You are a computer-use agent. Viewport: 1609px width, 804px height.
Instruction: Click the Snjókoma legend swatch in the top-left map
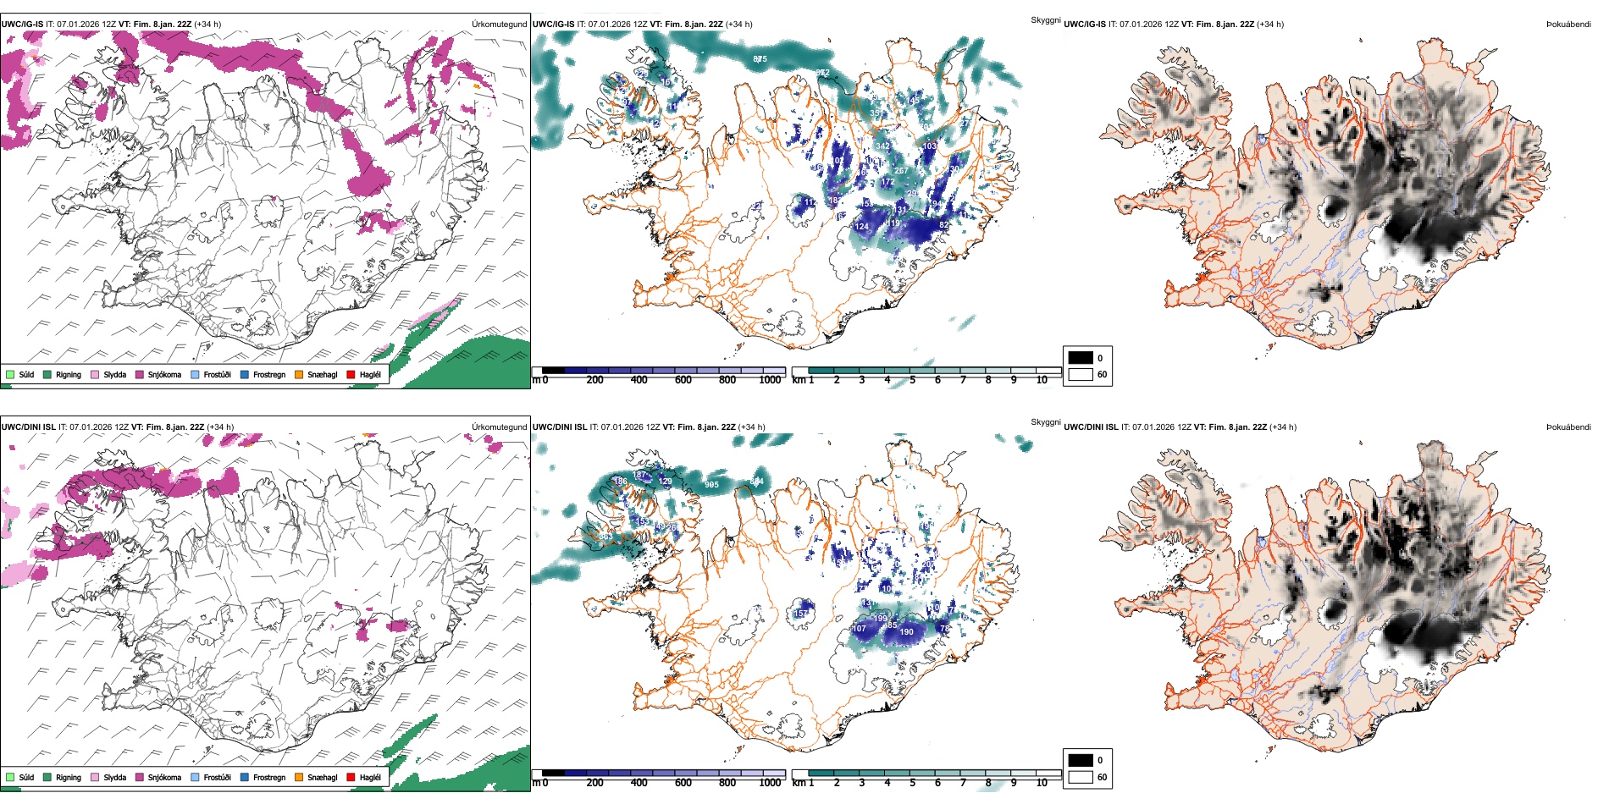pyautogui.click(x=140, y=374)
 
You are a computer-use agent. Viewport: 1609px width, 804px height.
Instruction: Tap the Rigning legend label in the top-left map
pyautogui.click(x=69, y=374)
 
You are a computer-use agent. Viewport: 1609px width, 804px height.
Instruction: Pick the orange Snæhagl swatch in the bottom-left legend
pyautogui.click(x=299, y=777)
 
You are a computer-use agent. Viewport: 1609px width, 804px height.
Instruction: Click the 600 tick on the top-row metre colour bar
pyautogui.click(x=683, y=380)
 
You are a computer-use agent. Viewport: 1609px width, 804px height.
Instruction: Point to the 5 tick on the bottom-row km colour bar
pyautogui.click(x=913, y=783)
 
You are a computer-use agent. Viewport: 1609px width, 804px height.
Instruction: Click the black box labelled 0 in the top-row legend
pyautogui.click(x=1081, y=358)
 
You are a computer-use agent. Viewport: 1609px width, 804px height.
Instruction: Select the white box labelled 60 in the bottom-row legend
pyautogui.click(x=1081, y=777)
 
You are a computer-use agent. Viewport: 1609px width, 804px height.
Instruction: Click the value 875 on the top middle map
pyautogui.click(x=760, y=59)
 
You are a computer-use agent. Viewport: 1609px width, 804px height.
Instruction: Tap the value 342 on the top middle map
pyautogui.click(x=882, y=146)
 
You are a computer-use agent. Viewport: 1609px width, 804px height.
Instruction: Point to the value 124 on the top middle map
pyautogui.click(x=861, y=227)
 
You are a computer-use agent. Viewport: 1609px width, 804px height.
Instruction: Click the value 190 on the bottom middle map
pyautogui.click(x=906, y=632)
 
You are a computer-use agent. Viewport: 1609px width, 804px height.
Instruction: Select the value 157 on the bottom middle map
pyautogui.click(x=800, y=614)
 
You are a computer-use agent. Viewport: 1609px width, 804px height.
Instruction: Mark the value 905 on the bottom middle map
pyautogui.click(x=711, y=485)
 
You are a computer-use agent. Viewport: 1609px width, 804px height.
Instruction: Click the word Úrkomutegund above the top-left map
pyautogui.click(x=499, y=25)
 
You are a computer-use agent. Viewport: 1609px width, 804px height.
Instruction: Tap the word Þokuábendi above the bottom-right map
pyautogui.click(x=1568, y=427)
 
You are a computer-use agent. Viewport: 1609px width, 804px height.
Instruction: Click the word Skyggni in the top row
pyautogui.click(x=1045, y=20)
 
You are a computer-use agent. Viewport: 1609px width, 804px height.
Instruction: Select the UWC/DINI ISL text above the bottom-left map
pyautogui.click(x=28, y=427)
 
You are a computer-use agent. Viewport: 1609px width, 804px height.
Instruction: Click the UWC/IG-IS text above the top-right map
pyautogui.click(x=1085, y=25)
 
